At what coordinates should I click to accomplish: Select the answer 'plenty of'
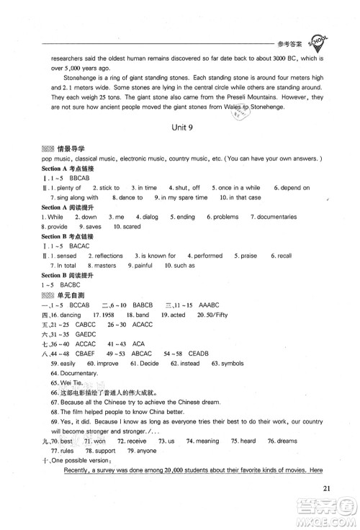point(71,187)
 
